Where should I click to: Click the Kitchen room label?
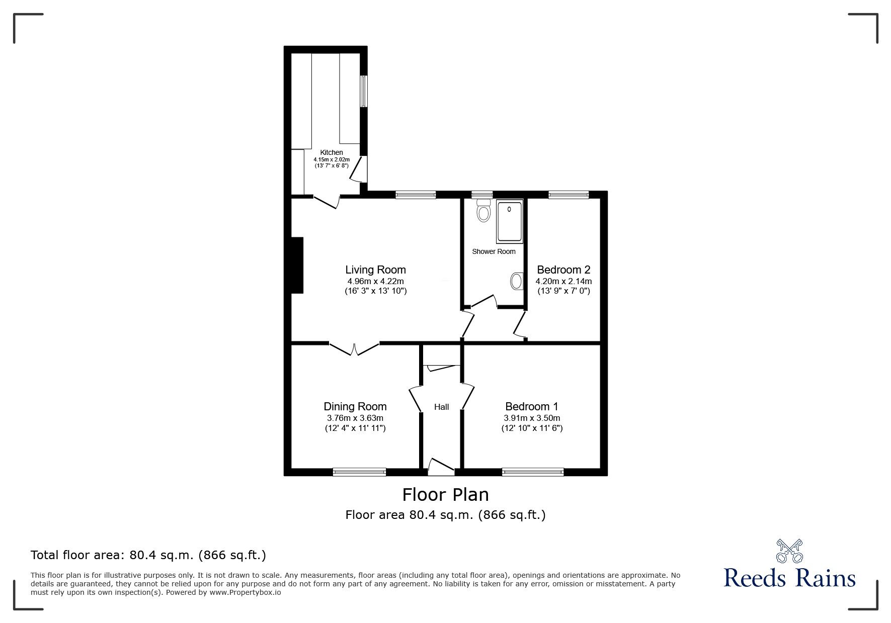tap(332, 152)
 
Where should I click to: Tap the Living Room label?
tap(375, 270)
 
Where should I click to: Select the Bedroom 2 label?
tap(563, 270)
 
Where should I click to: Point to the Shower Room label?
tap(494, 251)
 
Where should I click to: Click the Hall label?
tap(441, 407)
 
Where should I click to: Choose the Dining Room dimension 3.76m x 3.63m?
tap(355, 418)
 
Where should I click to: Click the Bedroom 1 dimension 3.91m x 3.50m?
tap(532, 418)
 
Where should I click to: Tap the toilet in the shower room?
tap(483, 211)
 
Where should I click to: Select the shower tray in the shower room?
tap(510, 221)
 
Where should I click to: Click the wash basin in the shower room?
tap(516, 281)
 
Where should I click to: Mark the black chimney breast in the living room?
tap(297, 265)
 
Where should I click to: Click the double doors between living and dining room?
tap(354, 348)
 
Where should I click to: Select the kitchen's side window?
tap(363, 91)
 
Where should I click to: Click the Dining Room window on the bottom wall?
tap(359, 472)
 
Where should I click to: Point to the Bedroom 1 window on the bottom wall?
tap(532, 472)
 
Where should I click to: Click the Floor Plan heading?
tap(445, 495)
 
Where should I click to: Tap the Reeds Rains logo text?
tap(789, 578)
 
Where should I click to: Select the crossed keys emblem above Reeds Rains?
tap(789, 551)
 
